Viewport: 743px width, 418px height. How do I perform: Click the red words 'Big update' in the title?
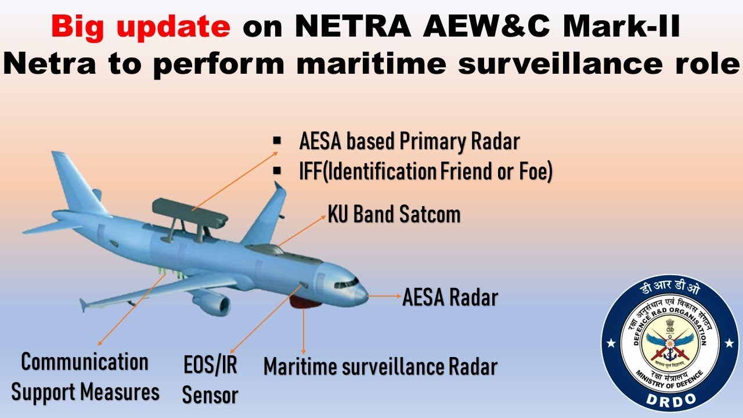(140, 27)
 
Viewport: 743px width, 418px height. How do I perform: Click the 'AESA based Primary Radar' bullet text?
(409, 142)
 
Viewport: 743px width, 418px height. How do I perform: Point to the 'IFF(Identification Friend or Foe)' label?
(425, 172)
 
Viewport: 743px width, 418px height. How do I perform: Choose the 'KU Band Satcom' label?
(394, 215)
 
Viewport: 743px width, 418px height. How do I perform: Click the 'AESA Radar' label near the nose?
(450, 298)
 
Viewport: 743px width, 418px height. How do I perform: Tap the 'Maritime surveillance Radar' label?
(380, 367)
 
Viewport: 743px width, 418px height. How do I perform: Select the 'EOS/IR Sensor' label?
(210, 380)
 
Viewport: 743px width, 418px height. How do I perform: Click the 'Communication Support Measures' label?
(85, 377)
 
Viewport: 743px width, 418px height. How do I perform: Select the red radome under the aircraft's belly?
(305, 301)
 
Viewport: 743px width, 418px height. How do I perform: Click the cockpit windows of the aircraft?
(346, 284)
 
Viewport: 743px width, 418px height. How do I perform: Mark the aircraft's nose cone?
(361, 294)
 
